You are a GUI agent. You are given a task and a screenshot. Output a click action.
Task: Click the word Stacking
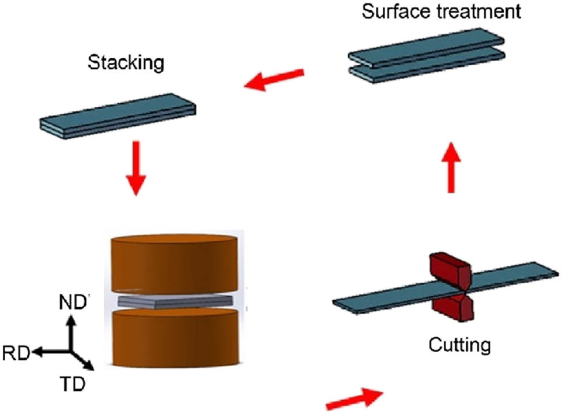click(x=126, y=63)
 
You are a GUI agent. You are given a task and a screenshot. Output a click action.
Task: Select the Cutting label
click(x=459, y=345)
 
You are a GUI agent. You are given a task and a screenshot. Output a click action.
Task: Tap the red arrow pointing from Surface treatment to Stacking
click(x=274, y=80)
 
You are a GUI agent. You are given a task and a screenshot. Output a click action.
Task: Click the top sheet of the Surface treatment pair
click(x=427, y=49)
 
